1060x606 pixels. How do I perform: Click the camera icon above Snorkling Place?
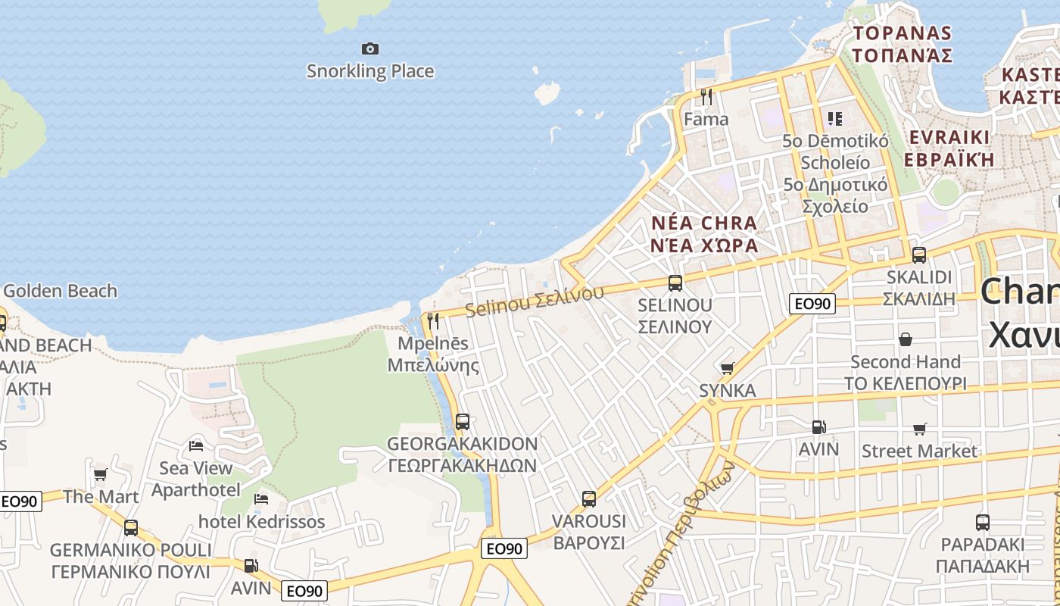(369, 49)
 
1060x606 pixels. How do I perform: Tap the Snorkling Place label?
(370, 71)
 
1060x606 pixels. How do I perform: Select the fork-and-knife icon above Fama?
(706, 96)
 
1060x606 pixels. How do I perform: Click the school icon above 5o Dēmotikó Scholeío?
(835, 118)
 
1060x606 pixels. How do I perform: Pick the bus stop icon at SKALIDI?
(919, 255)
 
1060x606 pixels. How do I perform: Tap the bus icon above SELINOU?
(675, 283)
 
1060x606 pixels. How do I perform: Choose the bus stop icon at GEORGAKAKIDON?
(462, 421)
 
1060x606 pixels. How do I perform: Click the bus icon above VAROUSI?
(589, 498)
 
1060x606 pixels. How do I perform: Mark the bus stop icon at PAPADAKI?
(982, 522)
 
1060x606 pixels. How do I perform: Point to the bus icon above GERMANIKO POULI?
(131, 527)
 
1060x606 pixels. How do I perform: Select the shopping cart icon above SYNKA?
(727, 368)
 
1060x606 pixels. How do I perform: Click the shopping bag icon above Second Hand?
(905, 339)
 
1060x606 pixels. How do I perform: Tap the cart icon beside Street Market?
(920, 430)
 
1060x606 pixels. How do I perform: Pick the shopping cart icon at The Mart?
(100, 475)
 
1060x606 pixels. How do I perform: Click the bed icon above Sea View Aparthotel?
(196, 445)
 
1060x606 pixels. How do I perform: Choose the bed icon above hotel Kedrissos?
(261, 499)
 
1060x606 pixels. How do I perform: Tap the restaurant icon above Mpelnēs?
(433, 320)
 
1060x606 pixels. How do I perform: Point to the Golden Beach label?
(61, 291)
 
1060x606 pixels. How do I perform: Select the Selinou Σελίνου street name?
(535, 301)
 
